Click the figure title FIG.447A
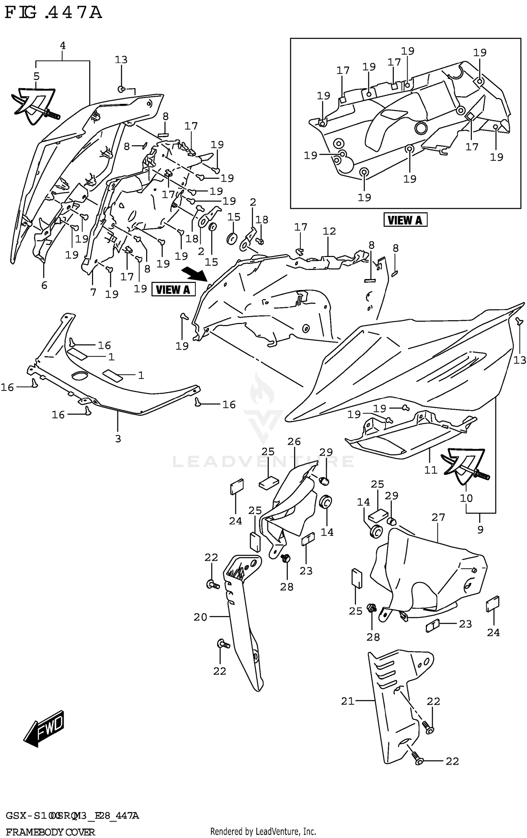point(53,13)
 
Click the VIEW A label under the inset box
point(405,220)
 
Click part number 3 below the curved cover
point(118,438)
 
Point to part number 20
point(200,617)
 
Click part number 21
point(347,701)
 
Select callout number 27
point(438,517)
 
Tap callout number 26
point(294,441)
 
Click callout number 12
point(329,231)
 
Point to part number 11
point(430,470)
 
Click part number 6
point(44,285)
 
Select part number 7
point(93,292)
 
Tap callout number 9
point(480,529)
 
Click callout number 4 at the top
point(63,46)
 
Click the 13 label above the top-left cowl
point(121,60)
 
